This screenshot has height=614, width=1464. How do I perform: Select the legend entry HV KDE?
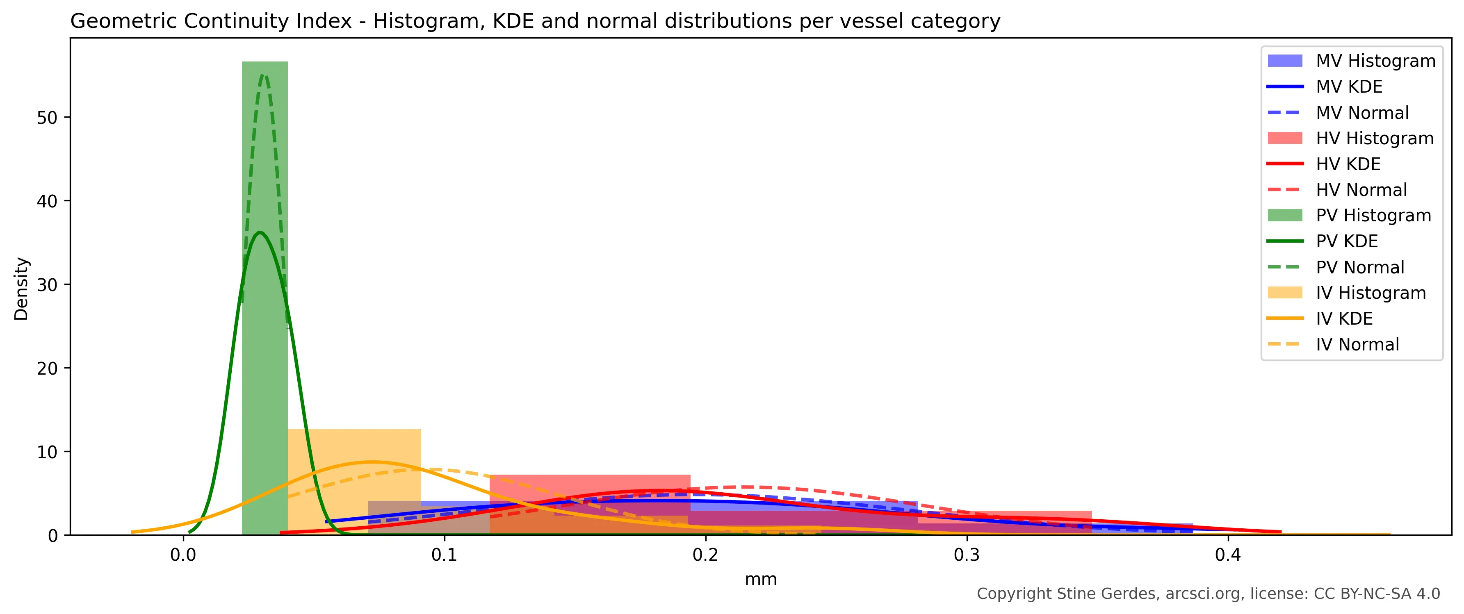click(x=1348, y=164)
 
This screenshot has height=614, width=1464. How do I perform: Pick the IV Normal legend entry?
click(x=1357, y=344)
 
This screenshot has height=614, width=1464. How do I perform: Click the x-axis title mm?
click(x=760, y=579)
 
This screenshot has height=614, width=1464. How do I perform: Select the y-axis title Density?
click(x=21, y=289)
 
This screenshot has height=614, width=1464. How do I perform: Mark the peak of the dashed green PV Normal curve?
click(x=262, y=75)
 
